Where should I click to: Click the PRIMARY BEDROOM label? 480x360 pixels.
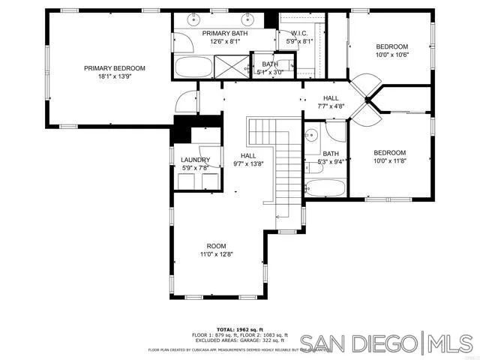click(x=114, y=68)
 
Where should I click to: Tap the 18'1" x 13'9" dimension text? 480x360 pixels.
click(x=114, y=76)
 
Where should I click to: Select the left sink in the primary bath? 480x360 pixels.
click(x=194, y=18)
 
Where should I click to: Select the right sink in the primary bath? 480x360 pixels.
click(x=247, y=18)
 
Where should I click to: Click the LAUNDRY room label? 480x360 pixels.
click(x=195, y=160)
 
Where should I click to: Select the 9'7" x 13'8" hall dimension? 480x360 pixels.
click(x=248, y=163)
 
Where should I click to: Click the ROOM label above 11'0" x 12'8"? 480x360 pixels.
click(x=216, y=246)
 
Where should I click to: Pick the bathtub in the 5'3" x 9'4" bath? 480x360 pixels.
click(x=325, y=187)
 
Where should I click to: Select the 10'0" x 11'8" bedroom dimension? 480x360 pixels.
click(x=390, y=159)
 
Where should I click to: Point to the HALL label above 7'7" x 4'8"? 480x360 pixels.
click(x=331, y=98)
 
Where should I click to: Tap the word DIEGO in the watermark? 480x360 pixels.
click(x=381, y=344)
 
